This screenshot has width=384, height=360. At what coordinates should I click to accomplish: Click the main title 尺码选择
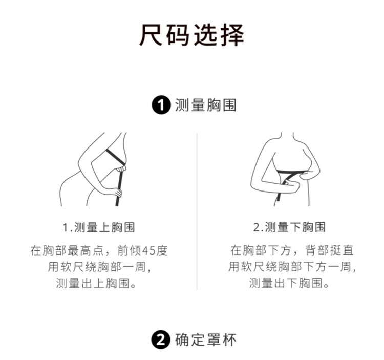[x=191, y=35]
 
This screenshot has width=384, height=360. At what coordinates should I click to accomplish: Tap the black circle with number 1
[x=161, y=105]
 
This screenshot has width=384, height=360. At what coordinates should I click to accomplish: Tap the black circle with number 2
[x=161, y=340]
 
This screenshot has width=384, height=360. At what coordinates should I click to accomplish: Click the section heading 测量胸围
[x=206, y=105]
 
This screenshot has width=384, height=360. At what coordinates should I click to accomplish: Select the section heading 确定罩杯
[x=206, y=340]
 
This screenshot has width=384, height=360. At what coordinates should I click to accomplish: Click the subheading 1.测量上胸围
[x=99, y=227]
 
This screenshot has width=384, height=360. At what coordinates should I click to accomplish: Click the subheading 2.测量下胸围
[x=289, y=227]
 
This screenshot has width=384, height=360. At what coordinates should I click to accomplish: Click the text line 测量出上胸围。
[x=96, y=283]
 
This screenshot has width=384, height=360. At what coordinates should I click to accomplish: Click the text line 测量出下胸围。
[x=289, y=283]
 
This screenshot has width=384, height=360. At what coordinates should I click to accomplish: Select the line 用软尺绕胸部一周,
[x=99, y=267]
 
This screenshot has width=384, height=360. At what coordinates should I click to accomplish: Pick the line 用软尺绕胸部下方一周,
[x=292, y=267]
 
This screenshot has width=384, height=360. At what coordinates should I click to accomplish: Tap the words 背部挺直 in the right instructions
[x=329, y=250]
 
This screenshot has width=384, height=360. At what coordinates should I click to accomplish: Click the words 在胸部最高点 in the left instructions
[x=67, y=250]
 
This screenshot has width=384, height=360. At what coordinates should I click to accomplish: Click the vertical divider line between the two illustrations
[x=197, y=212]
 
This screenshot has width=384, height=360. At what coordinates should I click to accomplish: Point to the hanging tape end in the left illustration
[x=119, y=196]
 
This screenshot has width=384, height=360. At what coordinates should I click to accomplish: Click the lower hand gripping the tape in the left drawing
[x=116, y=192]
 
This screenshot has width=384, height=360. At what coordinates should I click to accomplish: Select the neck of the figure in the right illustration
[x=287, y=137]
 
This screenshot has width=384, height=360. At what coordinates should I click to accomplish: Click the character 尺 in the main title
[x=151, y=35]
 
